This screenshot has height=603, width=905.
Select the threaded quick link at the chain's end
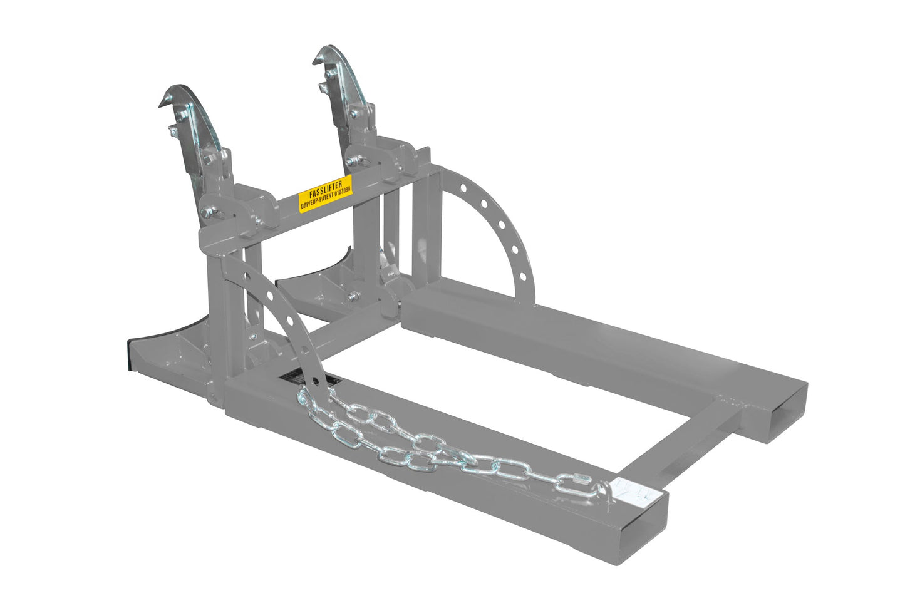tap(582, 483)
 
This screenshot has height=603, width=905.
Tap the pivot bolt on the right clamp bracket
tap(350, 162)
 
